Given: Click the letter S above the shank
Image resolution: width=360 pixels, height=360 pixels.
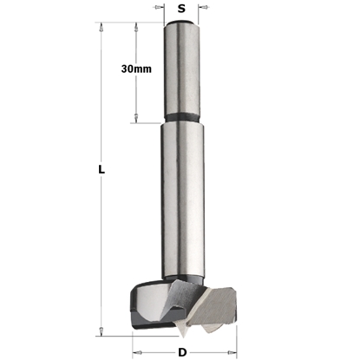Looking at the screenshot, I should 181,9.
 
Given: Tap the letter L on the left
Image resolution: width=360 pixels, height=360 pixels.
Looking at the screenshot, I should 101,172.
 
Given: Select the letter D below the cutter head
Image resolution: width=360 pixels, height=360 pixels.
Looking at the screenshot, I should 182,352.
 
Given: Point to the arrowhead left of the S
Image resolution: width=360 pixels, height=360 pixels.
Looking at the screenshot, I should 160,10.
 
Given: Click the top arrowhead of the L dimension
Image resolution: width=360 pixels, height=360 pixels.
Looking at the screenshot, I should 102,28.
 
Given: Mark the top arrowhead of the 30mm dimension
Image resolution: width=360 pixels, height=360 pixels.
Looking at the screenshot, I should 136,28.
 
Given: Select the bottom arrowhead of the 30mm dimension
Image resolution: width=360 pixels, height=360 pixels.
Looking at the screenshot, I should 136,118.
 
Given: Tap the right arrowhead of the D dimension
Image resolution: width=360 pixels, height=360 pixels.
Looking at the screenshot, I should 231,353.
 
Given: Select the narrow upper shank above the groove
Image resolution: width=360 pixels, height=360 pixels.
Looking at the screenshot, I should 181,69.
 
